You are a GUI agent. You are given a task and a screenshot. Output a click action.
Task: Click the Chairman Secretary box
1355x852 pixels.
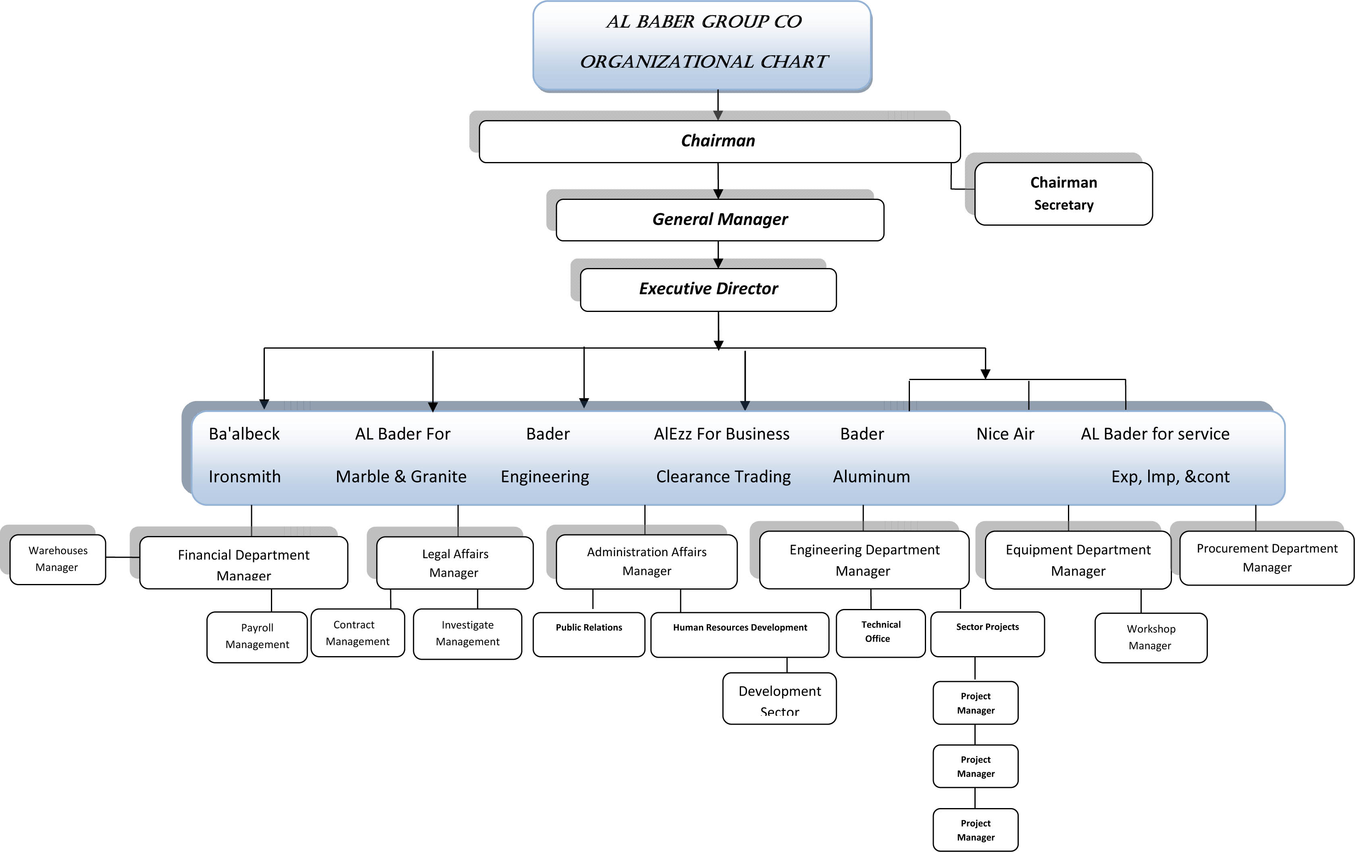click(1064, 193)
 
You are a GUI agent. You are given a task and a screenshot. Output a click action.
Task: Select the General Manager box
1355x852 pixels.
click(720, 220)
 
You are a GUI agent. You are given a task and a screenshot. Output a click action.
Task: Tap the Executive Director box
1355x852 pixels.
click(708, 290)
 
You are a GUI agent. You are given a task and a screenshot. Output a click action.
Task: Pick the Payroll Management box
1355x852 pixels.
click(257, 637)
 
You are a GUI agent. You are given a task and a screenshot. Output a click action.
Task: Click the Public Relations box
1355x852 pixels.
click(589, 634)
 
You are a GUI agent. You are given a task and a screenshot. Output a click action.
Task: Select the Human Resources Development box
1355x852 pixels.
click(739, 635)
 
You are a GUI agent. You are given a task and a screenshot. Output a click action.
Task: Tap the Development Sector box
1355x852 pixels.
click(779, 698)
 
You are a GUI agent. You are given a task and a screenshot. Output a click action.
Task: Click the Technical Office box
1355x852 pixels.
click(880, 633)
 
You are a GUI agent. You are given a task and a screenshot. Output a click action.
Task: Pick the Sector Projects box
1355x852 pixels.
click(988, 634)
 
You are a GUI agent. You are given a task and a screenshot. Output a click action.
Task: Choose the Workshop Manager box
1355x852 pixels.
click(1151, 638)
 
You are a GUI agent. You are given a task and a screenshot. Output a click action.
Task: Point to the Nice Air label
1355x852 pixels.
click(1005, 434)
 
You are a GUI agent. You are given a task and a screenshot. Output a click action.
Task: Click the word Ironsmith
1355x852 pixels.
click(244, 477)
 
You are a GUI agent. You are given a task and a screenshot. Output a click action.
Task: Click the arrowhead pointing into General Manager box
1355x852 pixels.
click(718, 194)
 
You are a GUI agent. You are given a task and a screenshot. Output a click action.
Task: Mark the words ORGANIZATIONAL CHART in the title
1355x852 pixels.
click(704, 61)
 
